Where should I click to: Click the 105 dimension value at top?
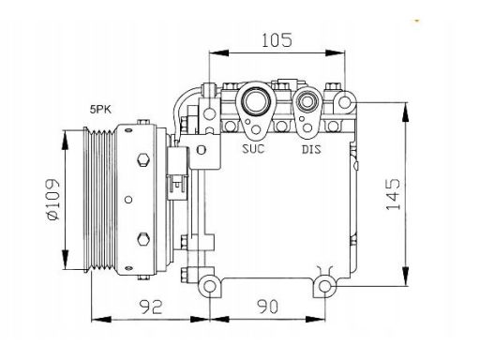tap(277, 39)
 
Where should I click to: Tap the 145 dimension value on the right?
tap(393, 194)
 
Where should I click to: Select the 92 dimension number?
tap(151, 307)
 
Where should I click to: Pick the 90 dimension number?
tap(267, 307)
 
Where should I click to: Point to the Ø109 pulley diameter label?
tap(53, 200)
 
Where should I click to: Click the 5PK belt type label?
tap(100, 110)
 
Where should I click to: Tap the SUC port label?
tap(253, 149)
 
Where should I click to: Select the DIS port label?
tap(311, 149)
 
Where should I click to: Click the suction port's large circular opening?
tap(256, 101)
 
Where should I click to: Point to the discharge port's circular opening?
tap(307, 101)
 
